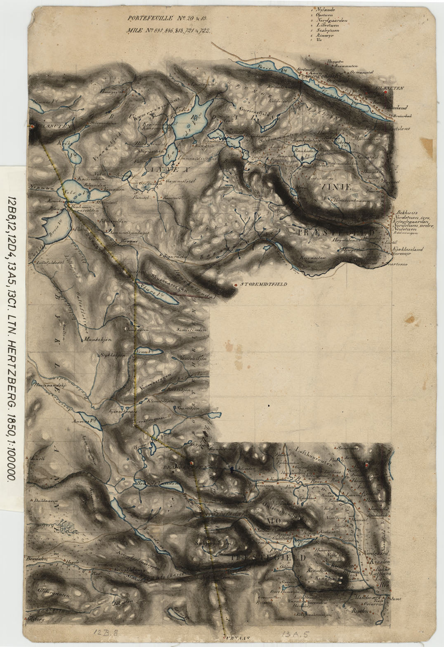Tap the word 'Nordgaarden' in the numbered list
pos(331,20)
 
